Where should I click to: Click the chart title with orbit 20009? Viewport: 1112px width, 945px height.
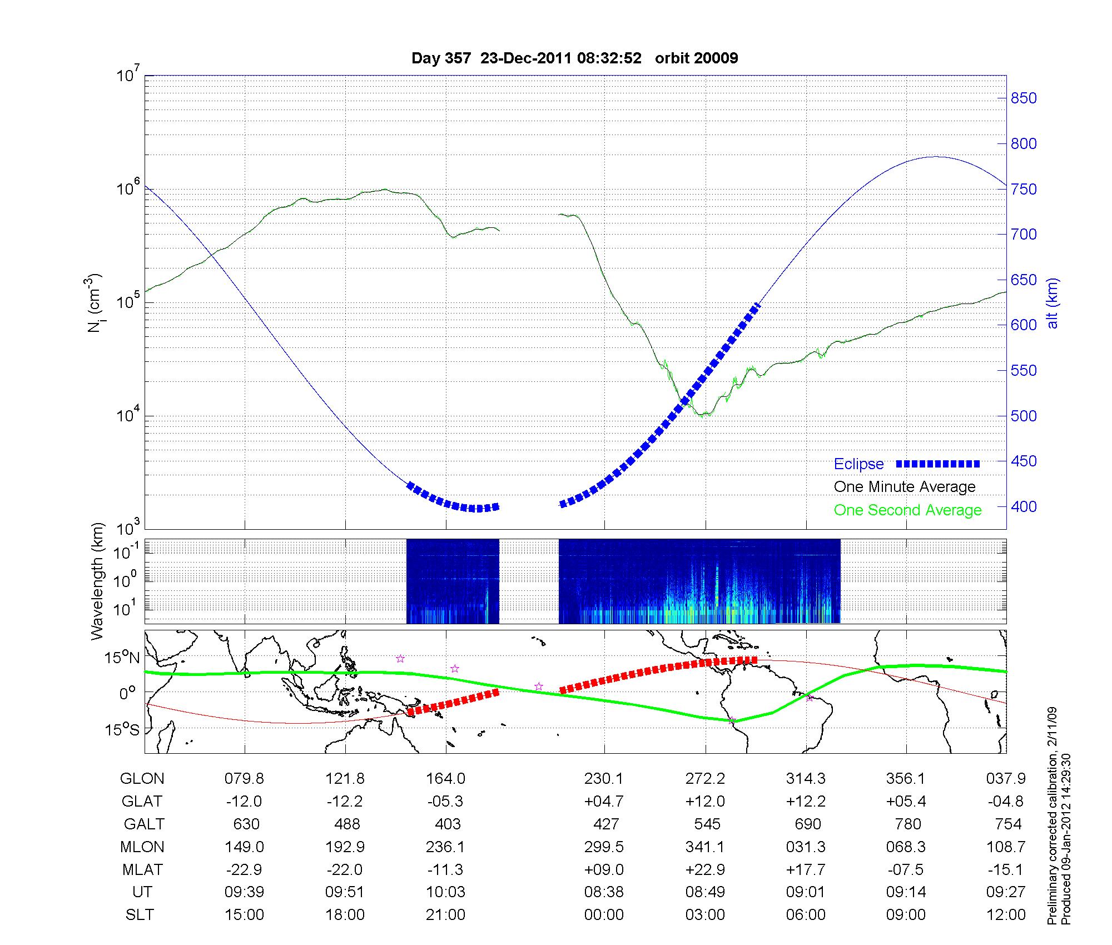click(x=574, y=58)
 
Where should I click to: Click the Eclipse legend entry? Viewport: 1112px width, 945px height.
click(x=858, y=464)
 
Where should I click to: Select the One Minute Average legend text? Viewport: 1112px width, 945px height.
click(x=905, y=487)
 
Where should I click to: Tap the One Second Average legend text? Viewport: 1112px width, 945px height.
click(x=907, y=510)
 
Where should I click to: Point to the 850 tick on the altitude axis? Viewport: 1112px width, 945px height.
click(x=1024, y=98)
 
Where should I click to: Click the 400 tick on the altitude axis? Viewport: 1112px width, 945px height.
click(x=1024, y=506)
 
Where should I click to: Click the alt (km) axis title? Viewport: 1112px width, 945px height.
click(x=1053, y=303)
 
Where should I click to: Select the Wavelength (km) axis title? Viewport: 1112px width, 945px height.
click(x=97, y=581)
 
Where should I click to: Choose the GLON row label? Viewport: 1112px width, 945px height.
click(x=142, y=779)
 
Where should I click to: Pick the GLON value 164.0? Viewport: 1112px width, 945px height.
click(x=445, y=779)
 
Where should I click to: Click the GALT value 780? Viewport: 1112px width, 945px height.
click(x=907, y=824)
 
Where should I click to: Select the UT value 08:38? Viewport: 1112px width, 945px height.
click(x=604, y=892)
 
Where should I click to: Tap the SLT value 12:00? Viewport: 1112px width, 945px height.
click(x=1006, y=915)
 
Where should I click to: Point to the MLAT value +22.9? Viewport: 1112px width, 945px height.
click(x=705, y=869)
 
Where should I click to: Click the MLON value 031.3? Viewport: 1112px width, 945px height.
click(x=806, y=847)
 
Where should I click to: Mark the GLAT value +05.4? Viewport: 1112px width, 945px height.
click(x=906, y=802)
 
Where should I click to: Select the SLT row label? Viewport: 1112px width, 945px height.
click(x=140, y=915)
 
